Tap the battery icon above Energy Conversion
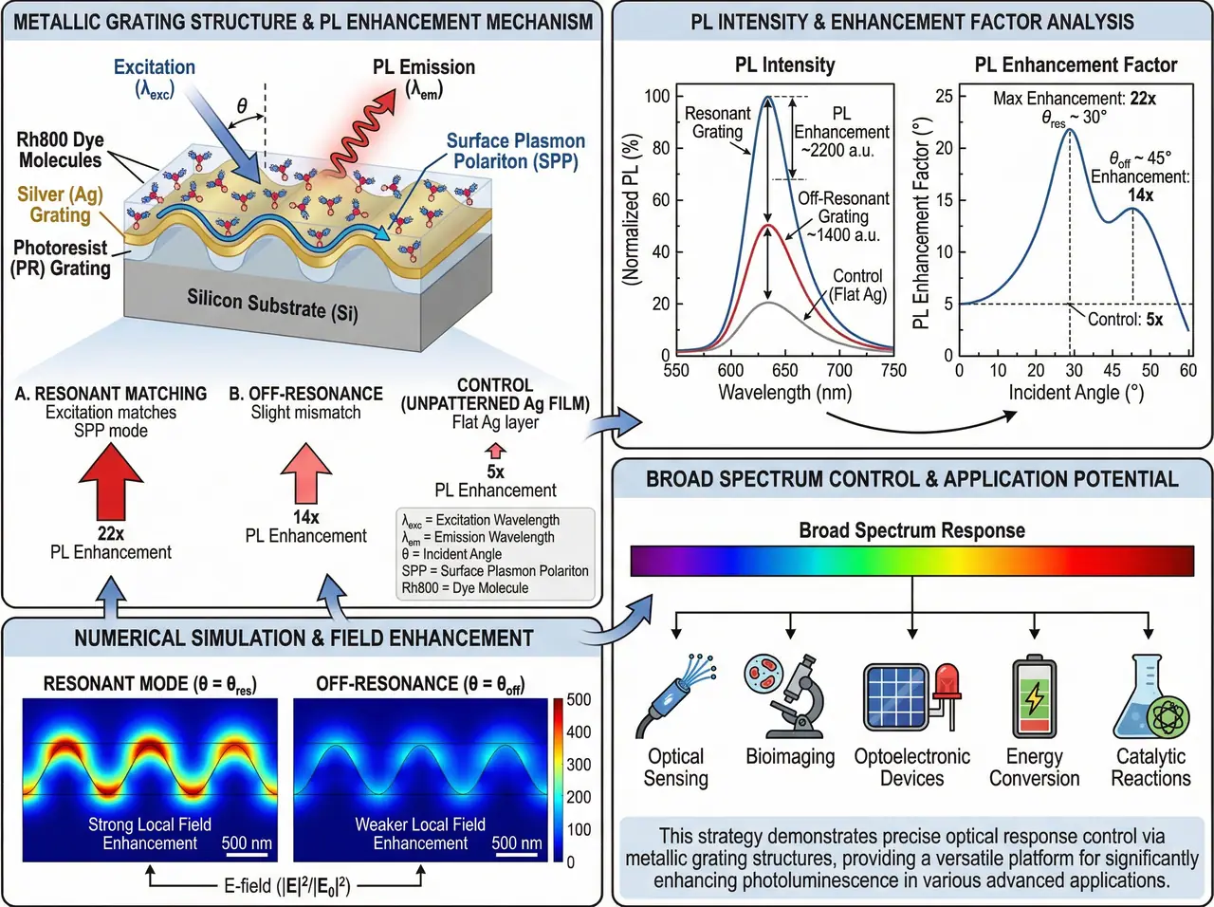[1034, 697]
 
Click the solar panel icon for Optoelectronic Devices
[894, 697]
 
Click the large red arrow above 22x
[111, 484]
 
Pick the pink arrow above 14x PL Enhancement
[305, 473]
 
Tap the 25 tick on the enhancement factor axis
[944, 96]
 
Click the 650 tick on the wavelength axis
[785, 370]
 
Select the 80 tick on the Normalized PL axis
[661, 148]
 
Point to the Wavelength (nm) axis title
[784, 393]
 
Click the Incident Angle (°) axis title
[1076, 393]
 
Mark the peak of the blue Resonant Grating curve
[768, 96]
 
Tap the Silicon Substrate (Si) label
[272, 305]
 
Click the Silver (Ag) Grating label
[60, 205]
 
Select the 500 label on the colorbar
[579, 700]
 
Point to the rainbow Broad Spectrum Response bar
[911, 561]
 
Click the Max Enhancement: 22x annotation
[1074, 99]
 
